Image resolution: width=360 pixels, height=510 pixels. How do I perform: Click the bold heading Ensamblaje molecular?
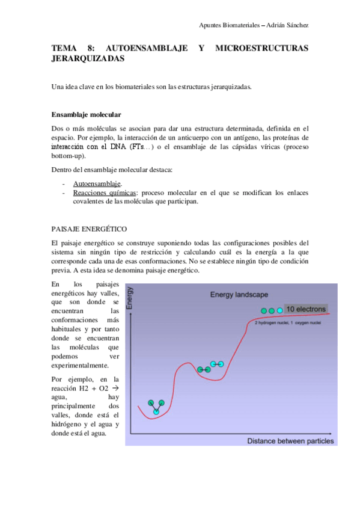point(87,114)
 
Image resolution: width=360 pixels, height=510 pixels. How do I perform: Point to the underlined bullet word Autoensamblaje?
point(97,183)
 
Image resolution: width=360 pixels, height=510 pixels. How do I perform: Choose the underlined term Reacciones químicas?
point(105,192)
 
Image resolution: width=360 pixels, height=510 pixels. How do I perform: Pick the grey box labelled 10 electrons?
point(306,309)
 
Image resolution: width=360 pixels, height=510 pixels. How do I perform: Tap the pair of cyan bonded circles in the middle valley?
point(217,364)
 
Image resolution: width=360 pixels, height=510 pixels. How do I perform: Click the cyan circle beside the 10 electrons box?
point(279,310)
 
